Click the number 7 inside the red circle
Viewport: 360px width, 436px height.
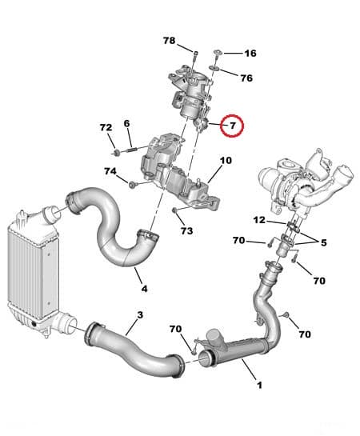(x=233, y=126)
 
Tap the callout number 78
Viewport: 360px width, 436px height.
(x=169, y=40)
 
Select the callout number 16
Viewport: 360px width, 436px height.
(x=250, y=54)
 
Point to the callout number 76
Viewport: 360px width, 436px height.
(x=246, y=78)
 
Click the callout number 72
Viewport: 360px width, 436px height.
(x=106, y=128)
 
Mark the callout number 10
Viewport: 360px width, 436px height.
(x=226, y=161)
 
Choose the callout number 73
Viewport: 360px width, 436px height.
(x=186, y=231)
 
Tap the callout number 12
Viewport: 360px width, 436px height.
(x=259, y=220)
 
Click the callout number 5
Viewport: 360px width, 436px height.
(x=323, y=242)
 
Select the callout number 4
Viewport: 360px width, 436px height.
(x=144, y=288)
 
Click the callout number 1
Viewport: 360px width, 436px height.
(x=258, y=385)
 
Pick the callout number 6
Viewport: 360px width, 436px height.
(x=126, y=123)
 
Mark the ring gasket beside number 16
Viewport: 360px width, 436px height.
(x=217, y=55)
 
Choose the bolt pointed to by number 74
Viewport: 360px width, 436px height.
(x=133, y=185)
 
